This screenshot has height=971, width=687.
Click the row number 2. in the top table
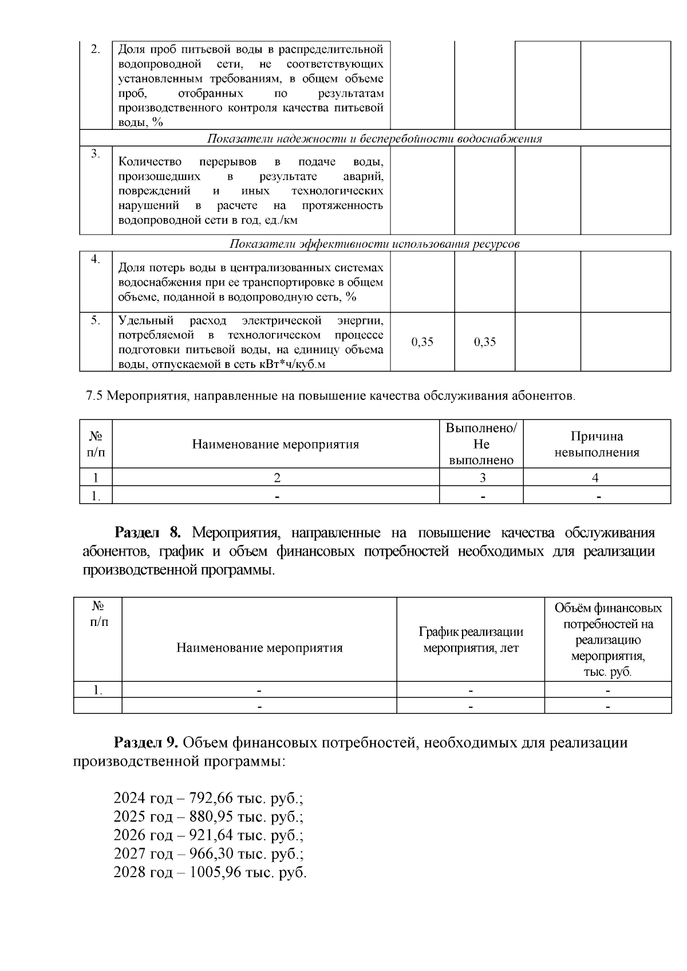tap(96, 49)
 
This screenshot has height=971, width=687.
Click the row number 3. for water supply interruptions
tap(96, 154)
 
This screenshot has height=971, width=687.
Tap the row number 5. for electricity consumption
tap(96, 320)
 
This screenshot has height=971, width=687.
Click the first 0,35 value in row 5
tap(423, 342)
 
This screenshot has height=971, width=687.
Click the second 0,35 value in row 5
tap(485, 342)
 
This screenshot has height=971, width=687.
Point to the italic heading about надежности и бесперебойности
tap(374, 138)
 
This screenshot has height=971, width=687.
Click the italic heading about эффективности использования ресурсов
tap(374, 244)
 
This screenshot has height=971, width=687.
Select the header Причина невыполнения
tap(597, 445)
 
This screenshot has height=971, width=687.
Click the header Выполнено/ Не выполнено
tap(481, 445)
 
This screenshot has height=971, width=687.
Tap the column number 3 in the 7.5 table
tap(482, 478)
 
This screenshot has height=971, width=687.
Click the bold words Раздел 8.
tap(148, 533)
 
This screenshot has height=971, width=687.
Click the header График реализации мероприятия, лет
tap(471, 640)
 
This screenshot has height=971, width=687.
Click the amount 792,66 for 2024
tap(209, 798)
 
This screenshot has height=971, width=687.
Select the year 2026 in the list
tap(129, 835)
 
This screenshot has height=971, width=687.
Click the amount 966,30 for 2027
tap(209, 854)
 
